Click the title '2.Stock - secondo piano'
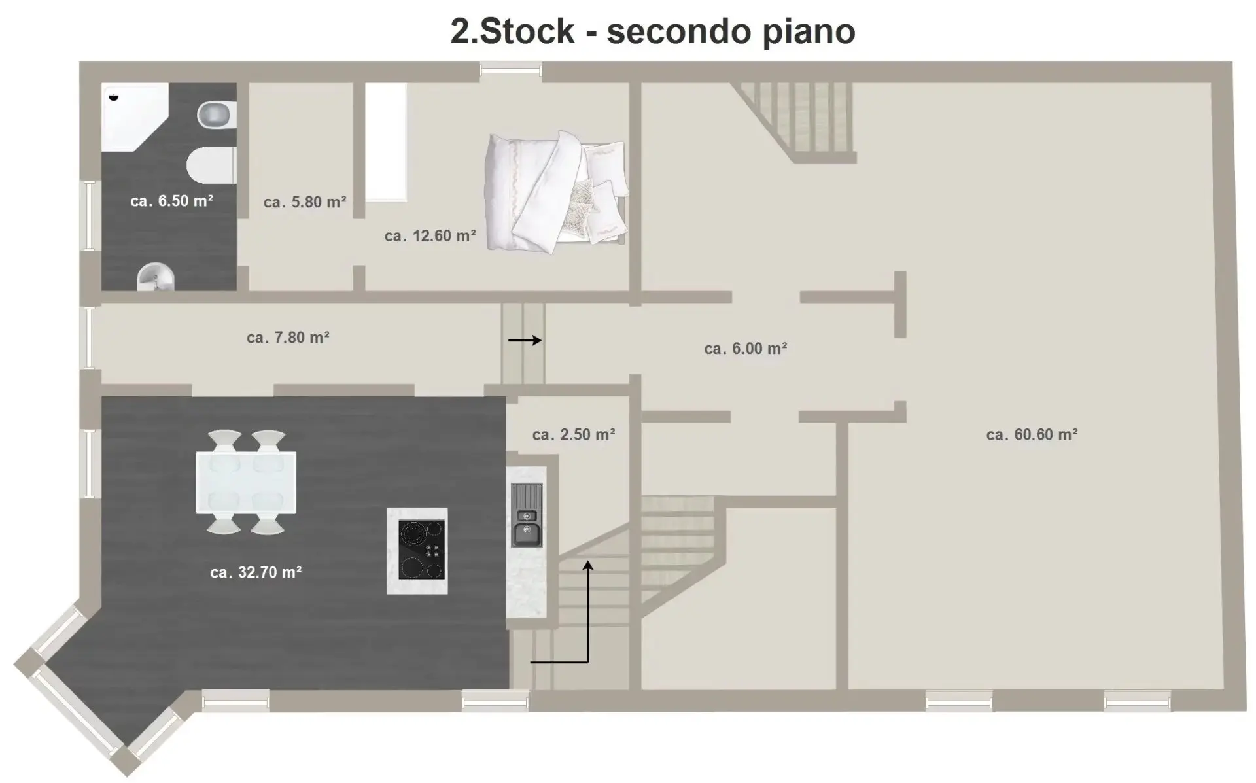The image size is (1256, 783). tap(652, 31)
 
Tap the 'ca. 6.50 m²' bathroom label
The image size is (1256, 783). tap(171, 201)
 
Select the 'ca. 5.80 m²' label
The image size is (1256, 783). tap(305, 202)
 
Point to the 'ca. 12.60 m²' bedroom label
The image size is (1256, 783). tap(430, 235)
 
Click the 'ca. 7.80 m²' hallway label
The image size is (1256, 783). tap(288, 338)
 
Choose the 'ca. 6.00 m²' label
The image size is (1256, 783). tap(745, 349)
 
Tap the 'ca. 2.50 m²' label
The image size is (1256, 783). tap(574, 434)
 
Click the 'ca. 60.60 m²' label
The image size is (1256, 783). tap(1032, 434)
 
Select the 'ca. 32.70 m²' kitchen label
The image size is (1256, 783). tap(256, 572)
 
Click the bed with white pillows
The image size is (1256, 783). tap(556, 190)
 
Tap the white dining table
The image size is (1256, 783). tap(246, 482)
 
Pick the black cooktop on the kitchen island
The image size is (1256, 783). tap(422, 549)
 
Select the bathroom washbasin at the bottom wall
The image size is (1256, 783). tap(156, 277)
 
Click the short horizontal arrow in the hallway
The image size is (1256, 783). tap(525, 340)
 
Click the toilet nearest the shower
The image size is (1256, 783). tap(217, 115)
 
